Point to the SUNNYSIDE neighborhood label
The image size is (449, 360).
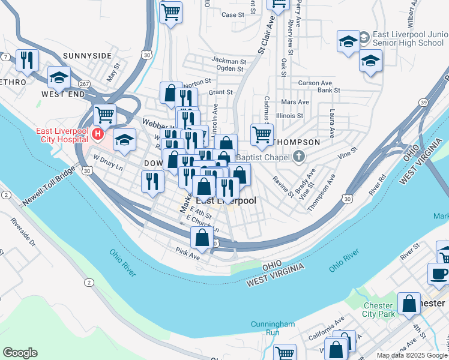coord(87,56)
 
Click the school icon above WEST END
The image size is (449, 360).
coord(59,77)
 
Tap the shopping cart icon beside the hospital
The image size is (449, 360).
coord(104,113)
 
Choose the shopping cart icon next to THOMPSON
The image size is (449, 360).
coord(262,134)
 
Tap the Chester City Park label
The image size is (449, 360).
coord(379,310)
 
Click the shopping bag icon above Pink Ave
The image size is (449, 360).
coord(202,238)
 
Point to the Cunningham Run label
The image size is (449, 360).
coord(273,328)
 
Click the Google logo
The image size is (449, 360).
coord(20,353)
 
